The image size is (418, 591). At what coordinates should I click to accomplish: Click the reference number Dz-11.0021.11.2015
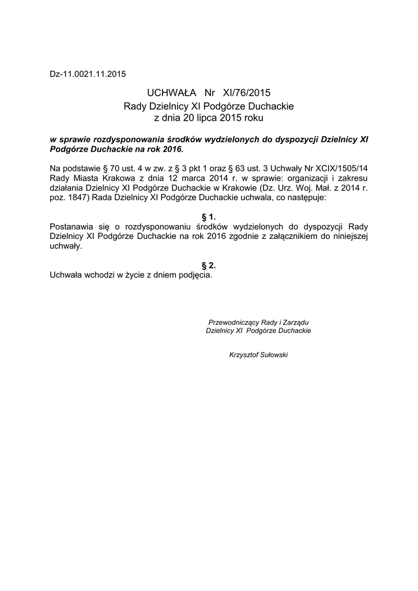pos(88,74)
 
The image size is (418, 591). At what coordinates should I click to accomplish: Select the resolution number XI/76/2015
pos(242,93)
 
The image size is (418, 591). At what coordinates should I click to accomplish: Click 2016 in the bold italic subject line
pos(171,148)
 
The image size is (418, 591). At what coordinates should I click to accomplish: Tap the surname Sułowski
pos(274,354)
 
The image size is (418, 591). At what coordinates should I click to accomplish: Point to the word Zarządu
pos(298,322)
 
